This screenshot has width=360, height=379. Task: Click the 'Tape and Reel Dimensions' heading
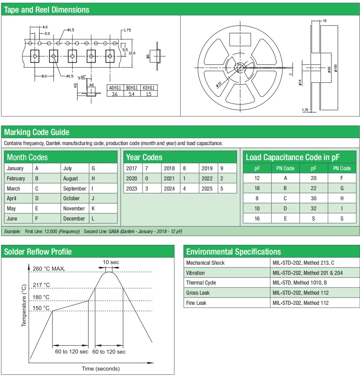(47, 9)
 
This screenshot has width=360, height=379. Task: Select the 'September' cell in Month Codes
(74, 188)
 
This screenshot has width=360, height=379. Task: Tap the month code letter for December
(93, 218)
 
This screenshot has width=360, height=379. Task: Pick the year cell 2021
(169, 178)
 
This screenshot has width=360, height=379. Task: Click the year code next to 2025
(222, 188)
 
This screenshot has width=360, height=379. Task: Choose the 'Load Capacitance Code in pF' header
(293, 157)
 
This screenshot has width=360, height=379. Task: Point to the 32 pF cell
(313, 208)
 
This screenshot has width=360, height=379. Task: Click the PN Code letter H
(342, 198)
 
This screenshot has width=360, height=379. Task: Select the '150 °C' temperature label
(41, 308)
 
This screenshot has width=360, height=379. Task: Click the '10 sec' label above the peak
(110, 262)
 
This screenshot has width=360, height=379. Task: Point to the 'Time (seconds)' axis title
(101, 368)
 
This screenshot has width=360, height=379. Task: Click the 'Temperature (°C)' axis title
(24, 305)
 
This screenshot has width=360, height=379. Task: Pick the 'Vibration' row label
(195, 273)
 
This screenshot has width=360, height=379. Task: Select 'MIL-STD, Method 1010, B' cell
(301, 283)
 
